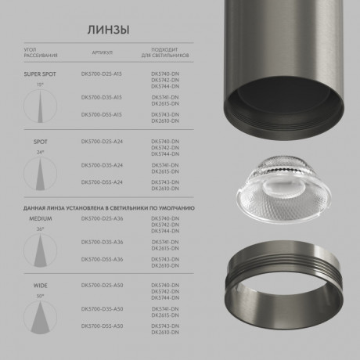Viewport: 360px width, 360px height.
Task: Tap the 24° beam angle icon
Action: (41, 171)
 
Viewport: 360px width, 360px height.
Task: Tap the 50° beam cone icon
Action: (41, 317)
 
